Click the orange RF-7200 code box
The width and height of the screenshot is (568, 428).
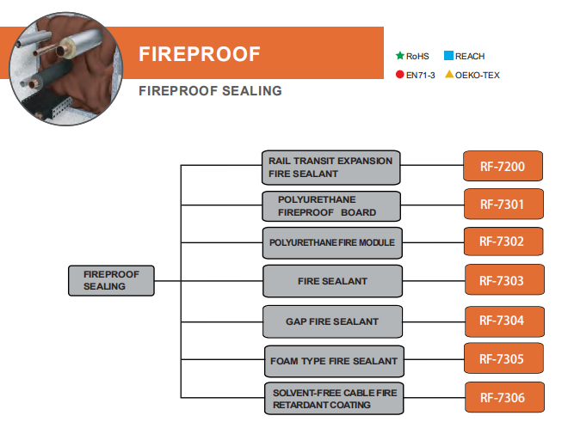tap(504, 165)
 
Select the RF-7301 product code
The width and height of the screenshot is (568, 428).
tap(504, 205)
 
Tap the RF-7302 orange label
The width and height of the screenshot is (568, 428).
tap(504, 242)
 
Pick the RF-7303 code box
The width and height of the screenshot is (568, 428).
tap(504, 280)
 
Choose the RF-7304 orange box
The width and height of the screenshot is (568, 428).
tap(504, 321)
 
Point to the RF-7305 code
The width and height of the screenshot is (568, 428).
tap(504, 358)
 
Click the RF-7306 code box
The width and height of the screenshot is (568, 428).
tap(504, 398)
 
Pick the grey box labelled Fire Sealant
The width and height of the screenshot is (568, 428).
tap(331, 281)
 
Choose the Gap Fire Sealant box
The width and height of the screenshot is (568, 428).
tap(331, 321)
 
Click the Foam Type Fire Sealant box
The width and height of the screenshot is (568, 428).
tap(331, 360)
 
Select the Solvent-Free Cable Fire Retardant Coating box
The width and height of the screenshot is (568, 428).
tap(331, 398)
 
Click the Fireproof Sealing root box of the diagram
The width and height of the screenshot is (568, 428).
tap(111, 280)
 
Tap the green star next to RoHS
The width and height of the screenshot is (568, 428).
tap(399, 56)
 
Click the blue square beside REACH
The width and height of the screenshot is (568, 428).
tap(448, 56)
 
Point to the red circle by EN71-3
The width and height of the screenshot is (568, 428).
tap(399, 75)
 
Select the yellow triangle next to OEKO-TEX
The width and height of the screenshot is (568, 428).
tap(448, 75)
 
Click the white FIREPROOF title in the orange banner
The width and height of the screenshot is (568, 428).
tap(199, 54)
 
